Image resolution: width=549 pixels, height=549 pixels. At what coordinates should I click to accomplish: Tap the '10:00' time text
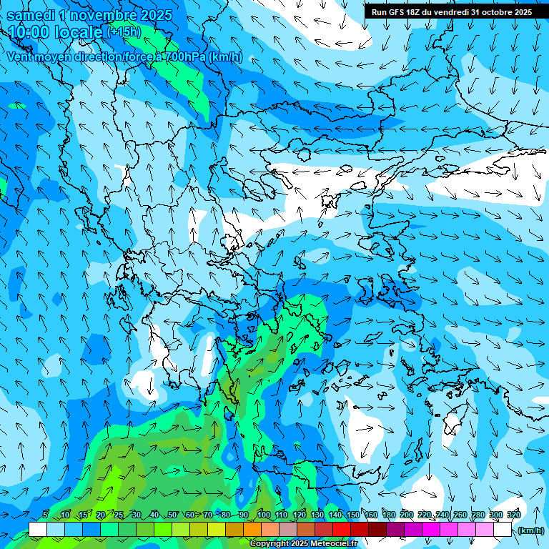coord(29,32)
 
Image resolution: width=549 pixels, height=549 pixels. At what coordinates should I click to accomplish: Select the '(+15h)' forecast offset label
coord(124,32)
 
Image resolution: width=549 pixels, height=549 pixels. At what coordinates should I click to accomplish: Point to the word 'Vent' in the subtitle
coord(21,57)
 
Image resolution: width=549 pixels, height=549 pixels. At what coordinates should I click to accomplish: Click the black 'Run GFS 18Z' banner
coord(451,11)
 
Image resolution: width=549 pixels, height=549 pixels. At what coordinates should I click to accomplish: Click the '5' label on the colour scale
coord(45,515)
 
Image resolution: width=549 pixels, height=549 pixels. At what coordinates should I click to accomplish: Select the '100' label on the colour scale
coord(264,515)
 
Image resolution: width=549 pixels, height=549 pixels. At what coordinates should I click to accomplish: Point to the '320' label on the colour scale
coord(513,515)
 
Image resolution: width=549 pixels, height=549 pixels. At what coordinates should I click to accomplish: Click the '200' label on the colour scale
coord(407,515)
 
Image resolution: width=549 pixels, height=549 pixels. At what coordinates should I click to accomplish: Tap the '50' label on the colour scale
coord(172,515)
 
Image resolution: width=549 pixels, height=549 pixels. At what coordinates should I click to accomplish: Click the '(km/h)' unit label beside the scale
coord(530,530)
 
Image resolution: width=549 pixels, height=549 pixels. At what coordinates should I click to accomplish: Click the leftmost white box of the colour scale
coord(38,529)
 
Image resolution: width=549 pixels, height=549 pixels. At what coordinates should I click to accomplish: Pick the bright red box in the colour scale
coord(342,529)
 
